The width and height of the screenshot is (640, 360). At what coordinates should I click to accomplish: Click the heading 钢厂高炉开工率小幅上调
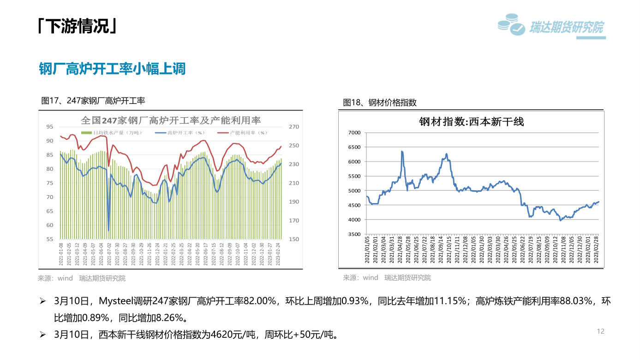coord(112,69)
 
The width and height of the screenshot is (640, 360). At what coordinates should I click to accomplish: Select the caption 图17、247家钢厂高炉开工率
coord(93,100)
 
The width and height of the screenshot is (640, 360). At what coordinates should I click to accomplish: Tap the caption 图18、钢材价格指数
coord(380,102)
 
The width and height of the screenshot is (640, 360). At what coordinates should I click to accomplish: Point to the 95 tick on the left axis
coord(50,126)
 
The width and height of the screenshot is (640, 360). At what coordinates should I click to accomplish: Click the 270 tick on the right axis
coord(294,126)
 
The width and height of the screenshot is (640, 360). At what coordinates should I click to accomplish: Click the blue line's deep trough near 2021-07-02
coord(108,230)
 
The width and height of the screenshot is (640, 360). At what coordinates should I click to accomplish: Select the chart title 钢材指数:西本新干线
coord(472,122)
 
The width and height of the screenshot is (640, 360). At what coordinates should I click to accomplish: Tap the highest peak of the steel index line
coord(402,151)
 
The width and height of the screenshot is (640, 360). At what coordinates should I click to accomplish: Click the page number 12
coord(600,331)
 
